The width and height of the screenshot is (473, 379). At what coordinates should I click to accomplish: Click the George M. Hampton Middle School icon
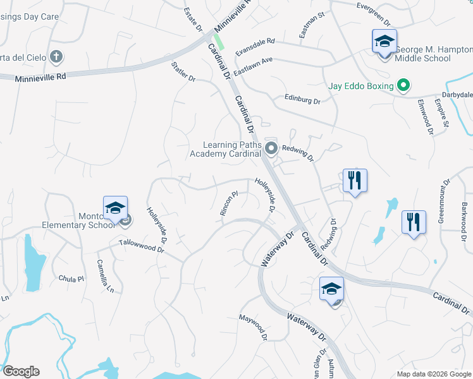click(x=384, y=42)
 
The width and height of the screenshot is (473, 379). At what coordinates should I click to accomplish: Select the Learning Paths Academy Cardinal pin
click(x=272, y=149)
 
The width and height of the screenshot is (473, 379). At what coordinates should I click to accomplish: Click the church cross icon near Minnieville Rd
click(x=56, y=57)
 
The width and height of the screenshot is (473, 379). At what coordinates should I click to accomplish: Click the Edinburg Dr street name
click(x=302, y=100)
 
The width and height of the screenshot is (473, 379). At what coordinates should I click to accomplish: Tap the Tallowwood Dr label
click(x=142, y=246)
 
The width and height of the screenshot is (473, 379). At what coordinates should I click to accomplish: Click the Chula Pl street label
click(x=71, y=279)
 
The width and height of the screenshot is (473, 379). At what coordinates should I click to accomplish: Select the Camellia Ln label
click(x=105, y=275)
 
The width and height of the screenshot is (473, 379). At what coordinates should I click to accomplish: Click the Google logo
click(x=21, y=371)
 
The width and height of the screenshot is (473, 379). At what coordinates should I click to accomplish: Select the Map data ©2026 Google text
click(x=433, y=374)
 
